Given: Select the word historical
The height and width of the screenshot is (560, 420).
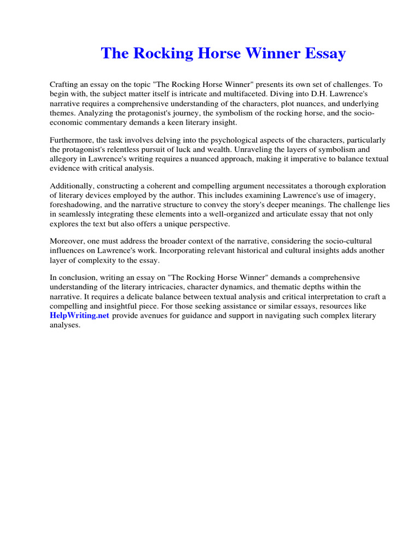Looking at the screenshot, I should [x=244, y=250].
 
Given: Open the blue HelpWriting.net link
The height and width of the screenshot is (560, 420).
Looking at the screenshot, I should [x=80, y=316].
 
